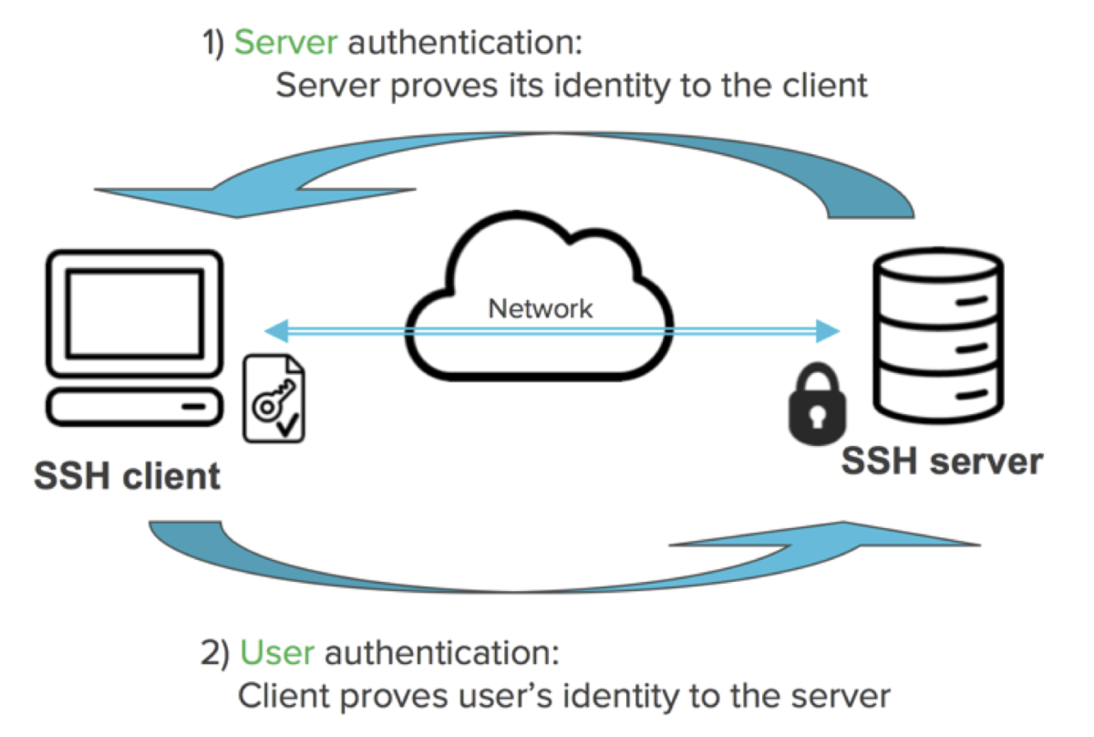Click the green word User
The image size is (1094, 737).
click(x=277, y=654)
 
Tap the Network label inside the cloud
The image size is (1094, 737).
click(x=541, y=308)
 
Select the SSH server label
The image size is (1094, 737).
click(x=941, y=462)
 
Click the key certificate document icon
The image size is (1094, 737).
click(x=273, y=400)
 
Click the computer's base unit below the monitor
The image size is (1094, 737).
click(x=133, y=405)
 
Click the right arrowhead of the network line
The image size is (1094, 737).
click(x=828, y=330)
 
